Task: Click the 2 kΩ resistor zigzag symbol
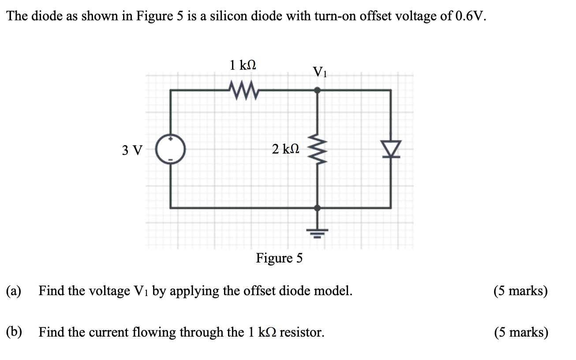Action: coord(317,149)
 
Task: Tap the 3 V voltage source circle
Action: coord(170,149)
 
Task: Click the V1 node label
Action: coord(320,71)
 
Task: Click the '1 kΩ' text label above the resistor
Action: coord(243,65)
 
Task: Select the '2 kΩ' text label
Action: coord(285,149)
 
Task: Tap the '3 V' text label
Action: coord(132,150)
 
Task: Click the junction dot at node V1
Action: coord(317,90)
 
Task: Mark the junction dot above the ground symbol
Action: coord(317,207)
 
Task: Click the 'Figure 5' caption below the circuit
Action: coord(279,258)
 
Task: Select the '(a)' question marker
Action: coord(14,291)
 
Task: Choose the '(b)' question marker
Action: coord(15,332)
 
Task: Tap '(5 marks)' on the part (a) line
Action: coord(521,291)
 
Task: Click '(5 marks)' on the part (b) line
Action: coord(521,332)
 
